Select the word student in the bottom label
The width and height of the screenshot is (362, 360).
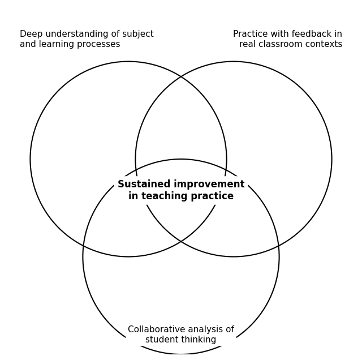click(160, 340)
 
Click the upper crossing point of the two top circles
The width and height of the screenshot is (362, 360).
click(181, 76)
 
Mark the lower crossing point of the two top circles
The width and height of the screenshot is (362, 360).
click(181, 242)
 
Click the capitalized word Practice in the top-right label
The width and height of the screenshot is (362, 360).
click(251, 35)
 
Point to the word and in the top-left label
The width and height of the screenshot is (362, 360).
click(28, 45)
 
